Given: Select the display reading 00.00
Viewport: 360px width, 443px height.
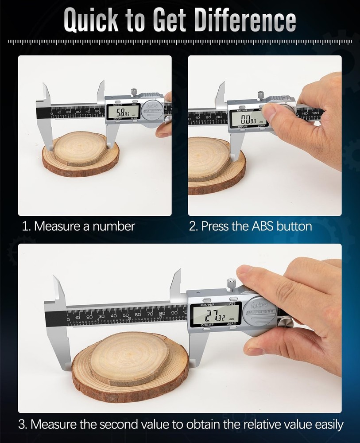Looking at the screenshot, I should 248,118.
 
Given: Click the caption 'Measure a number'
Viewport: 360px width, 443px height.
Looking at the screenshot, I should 84,226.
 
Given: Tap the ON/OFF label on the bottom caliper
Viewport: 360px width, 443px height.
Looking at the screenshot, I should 207,325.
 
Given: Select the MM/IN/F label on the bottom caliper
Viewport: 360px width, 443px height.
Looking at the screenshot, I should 207,305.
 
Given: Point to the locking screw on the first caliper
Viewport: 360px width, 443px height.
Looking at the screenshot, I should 132,93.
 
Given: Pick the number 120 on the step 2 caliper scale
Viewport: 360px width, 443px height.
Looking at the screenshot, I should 315,114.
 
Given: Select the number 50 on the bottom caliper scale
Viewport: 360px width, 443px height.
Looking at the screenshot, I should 125,315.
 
